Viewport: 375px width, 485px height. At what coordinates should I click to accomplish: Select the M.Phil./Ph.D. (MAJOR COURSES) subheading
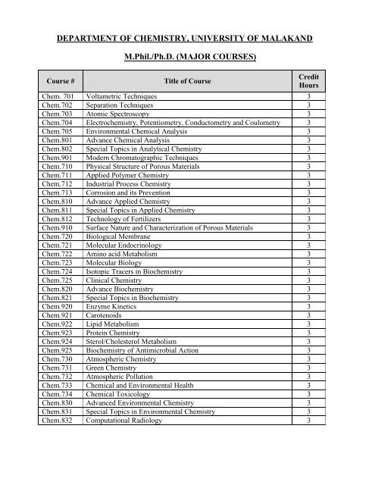(187, 56)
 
